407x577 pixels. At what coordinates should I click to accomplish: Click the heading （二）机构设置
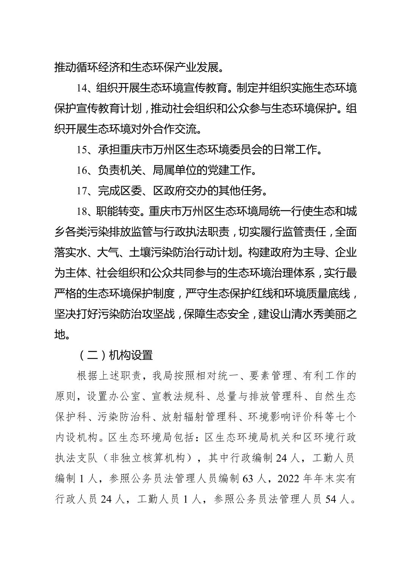[x=115, y=355]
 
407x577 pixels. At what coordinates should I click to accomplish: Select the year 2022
[x=289, y=478]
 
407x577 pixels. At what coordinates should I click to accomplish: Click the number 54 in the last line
[x=332, y=499]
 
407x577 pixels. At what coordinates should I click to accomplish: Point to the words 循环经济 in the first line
[x=109, y=68]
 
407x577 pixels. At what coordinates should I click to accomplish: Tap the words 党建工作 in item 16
[x=229, y=170]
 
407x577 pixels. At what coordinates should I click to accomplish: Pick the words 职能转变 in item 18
[x=118, y=211]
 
